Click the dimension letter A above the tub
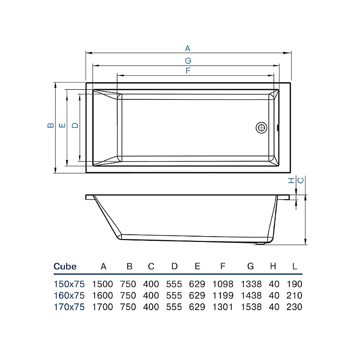[x=188, y=48]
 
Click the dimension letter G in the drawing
[x=188, y=60]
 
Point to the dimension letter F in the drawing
[x=188, y=71]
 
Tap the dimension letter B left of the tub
[x=50, y=125]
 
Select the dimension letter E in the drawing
[x=62, y=125]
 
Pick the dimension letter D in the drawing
[x=74, y=125]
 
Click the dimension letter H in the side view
[x=290, y=180]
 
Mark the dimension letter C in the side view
[x=300, y=180]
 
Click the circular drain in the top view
[x=262, y=128]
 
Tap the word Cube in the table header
[x=65, y=266]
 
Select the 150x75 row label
[x=69, y=284]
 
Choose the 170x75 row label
[x=69, y=307]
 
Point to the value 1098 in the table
[x=222, y=284]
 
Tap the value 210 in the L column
[x=294, y=295]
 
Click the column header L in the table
[x=294, y=266]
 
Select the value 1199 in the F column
[x=222, y=295]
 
